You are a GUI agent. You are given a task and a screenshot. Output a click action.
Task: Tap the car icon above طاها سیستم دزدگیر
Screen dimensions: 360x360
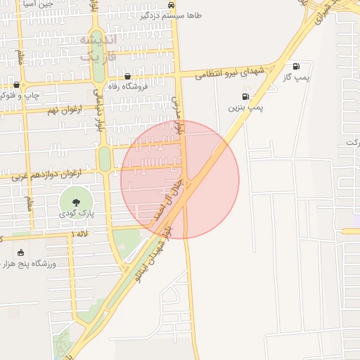tap(182, 3)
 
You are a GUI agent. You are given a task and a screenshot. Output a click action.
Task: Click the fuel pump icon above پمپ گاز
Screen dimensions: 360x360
tap(296, 66)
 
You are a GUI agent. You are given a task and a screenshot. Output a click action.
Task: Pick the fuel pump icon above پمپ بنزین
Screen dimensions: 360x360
tap(245, 97)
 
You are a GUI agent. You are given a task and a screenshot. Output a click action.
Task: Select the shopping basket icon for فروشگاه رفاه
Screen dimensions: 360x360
tap(127, 76)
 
